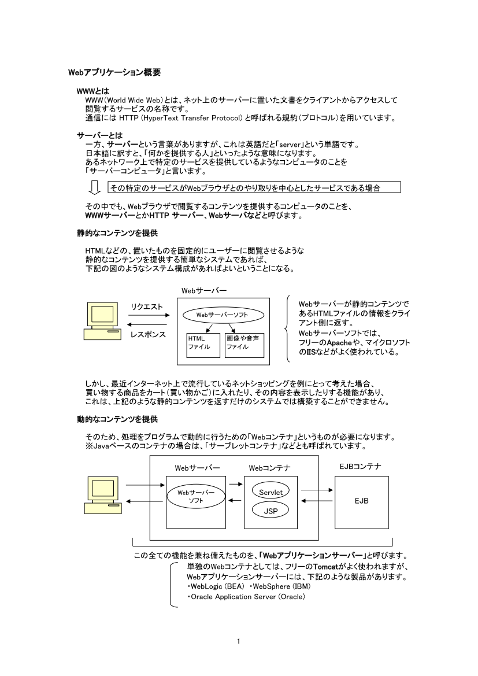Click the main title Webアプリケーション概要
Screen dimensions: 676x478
point(114,73)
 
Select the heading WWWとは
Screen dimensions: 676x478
point(93,91)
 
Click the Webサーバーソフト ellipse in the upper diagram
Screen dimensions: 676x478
point(223,315)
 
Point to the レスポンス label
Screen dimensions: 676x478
point(148,334)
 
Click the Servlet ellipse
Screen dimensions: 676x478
point(271,492)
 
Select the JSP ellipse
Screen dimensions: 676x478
point(271,511)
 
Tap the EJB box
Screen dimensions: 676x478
point(361,501)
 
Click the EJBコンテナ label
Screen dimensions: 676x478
point(360,466)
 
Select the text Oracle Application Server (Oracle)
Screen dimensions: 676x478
point(246,596)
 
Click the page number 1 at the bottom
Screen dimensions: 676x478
point(239,640)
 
